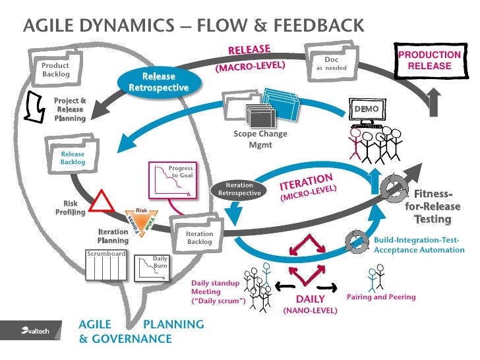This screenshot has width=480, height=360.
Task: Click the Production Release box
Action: click(429, 60)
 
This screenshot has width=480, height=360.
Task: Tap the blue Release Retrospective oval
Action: click(158, 82)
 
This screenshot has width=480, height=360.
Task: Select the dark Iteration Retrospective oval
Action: click(239, 189)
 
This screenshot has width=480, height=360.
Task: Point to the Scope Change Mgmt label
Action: click(260, 138)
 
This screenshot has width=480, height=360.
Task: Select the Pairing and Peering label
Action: click(381, 297)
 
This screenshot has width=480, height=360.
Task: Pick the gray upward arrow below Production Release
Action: click(433, 102)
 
